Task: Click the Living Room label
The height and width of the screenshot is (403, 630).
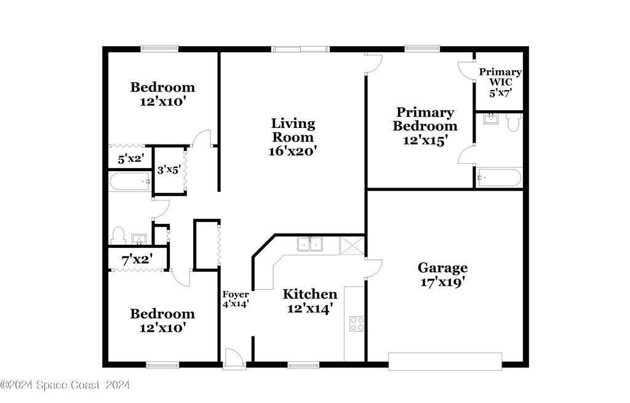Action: pos(293,130)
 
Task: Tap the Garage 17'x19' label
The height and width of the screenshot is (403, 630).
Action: pos(442,275)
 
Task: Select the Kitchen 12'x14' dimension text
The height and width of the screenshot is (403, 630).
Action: pos(310,309)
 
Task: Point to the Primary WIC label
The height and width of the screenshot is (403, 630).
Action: pos(500,77)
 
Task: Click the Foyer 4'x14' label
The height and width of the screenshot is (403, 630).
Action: pos(236,300)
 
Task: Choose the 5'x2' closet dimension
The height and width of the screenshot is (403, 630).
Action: pos(131,159)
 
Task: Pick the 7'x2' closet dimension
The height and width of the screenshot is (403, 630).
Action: pos(137,260)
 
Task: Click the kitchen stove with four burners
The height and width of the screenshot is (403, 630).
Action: pos(357,324)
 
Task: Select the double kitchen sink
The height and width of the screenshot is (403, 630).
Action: pos(310,244)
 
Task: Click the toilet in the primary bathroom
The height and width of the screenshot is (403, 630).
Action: pos(513,122)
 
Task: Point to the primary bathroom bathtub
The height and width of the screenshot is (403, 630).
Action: pos(499,177)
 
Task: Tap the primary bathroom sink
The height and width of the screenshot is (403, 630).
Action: pos(490,119)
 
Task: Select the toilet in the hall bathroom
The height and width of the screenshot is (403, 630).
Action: pos(118,236)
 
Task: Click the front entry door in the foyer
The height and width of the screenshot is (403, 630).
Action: pos(234,357)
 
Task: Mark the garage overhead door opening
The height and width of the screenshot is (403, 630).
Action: pos(445,361)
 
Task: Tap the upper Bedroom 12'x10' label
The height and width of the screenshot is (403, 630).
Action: pos(162,94)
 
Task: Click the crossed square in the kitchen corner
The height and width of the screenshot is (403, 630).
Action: pos(352,245)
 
